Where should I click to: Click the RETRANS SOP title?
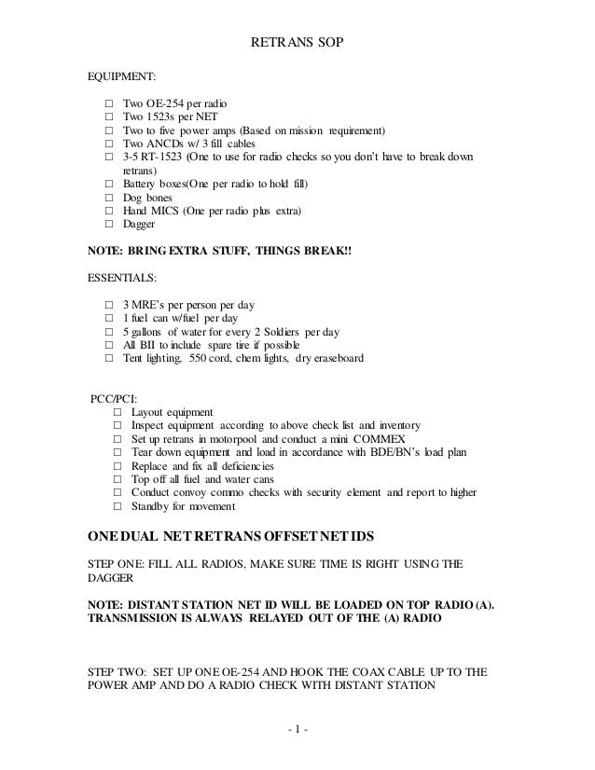(x=297, y=43)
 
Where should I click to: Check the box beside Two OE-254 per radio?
(x=110, y=102)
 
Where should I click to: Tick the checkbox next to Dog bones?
(x=110, y=199)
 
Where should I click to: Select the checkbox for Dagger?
(x=110, y=225)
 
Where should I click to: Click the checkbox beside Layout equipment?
(x=118, y=412)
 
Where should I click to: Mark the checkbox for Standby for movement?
(x=118, y=506)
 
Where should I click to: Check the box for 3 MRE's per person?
(x=110, y=305)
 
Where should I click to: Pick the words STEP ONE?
(x=118, y=563)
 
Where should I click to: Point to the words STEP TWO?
(x=119, y=670)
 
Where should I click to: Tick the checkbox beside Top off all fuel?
(x=118, y=479)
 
